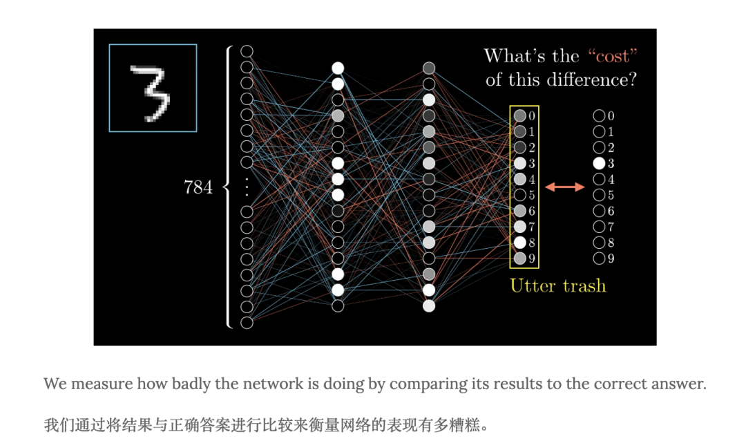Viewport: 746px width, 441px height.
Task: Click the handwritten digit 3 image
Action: tap(153, 88)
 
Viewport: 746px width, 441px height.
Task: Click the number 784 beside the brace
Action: tap(198, 187)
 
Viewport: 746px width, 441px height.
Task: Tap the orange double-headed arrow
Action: tap(565, 187)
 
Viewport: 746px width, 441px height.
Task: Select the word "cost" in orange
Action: tap(613, 56)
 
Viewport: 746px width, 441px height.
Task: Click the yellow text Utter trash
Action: tap(557, 285)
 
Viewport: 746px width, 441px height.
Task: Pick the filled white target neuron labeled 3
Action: tap(599, 163)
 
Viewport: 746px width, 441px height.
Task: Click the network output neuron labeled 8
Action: tap(520, 243)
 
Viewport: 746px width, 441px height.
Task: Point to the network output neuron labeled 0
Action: tap(520, 115)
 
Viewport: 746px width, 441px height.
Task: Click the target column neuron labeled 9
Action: tap(599, 259)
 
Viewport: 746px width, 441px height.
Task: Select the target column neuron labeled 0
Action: tap(599, 115)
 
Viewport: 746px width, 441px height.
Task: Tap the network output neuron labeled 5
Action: tap(520, 195)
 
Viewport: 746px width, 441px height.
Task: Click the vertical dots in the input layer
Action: tap(247, 187)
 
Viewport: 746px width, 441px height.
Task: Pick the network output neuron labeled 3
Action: tap(520, 163)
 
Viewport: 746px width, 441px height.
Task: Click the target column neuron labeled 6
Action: tap(599, 211)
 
